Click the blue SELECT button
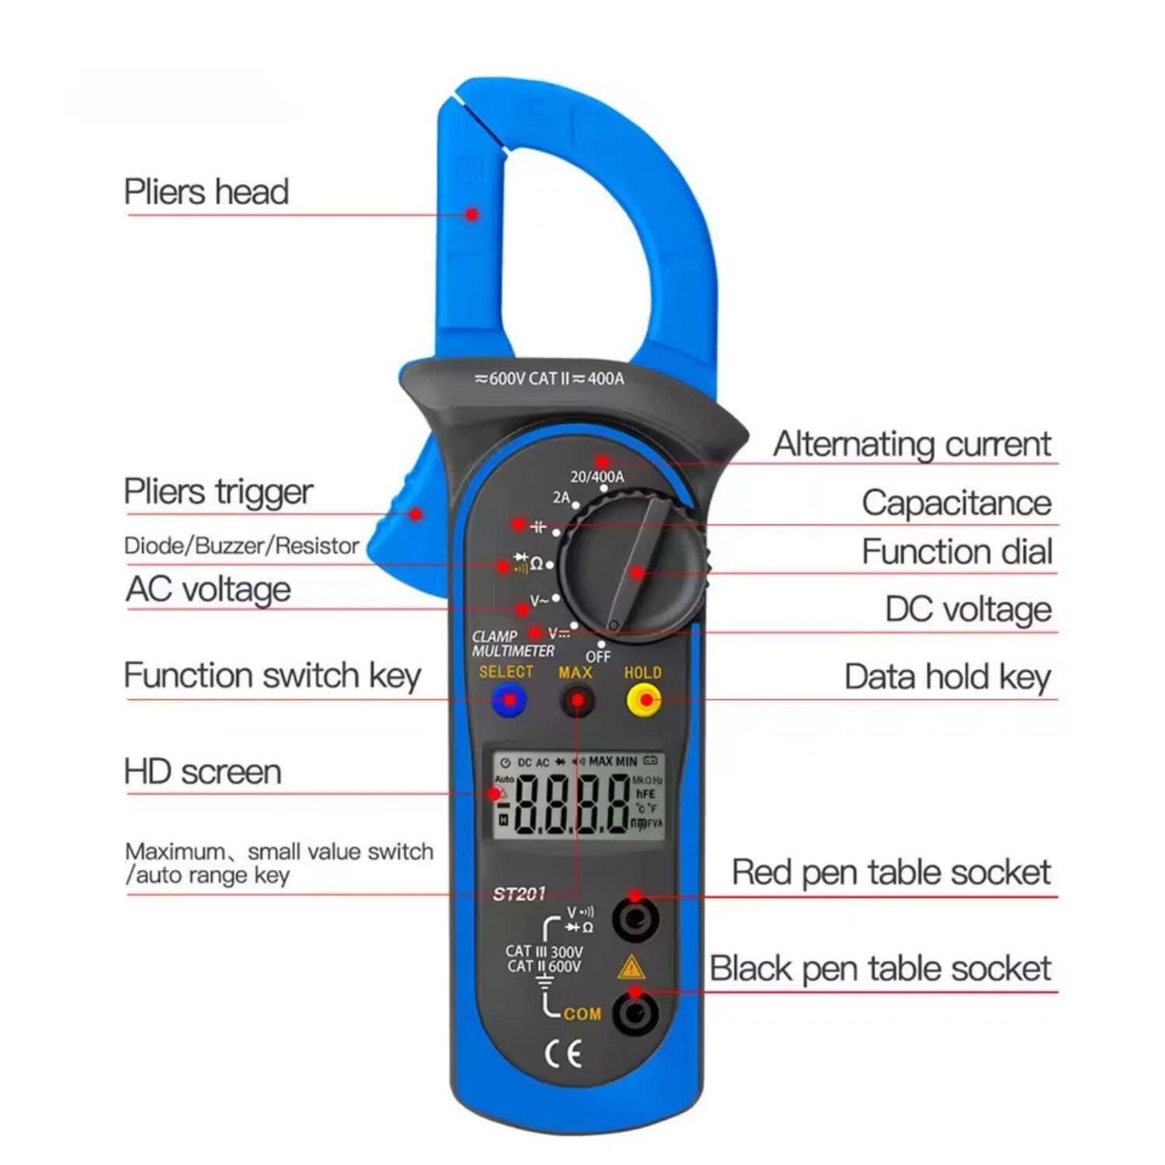[509, 701]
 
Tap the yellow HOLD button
[644, 701]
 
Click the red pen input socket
[635, 920]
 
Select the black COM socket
[635, 1013]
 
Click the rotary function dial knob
[633, 565]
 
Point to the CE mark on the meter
[563, 1054]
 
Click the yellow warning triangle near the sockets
[631, 968]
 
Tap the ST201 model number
[519, 894]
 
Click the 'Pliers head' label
[207, 192]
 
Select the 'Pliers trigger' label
[218, 492]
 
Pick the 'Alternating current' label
[912, 444]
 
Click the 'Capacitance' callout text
[956, 503]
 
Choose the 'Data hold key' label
[948, 676]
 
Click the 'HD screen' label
[203, 772]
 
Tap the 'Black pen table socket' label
[880, 969]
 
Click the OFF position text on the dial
[598, 656]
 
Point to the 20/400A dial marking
[596, 476]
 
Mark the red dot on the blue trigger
[416, 513]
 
